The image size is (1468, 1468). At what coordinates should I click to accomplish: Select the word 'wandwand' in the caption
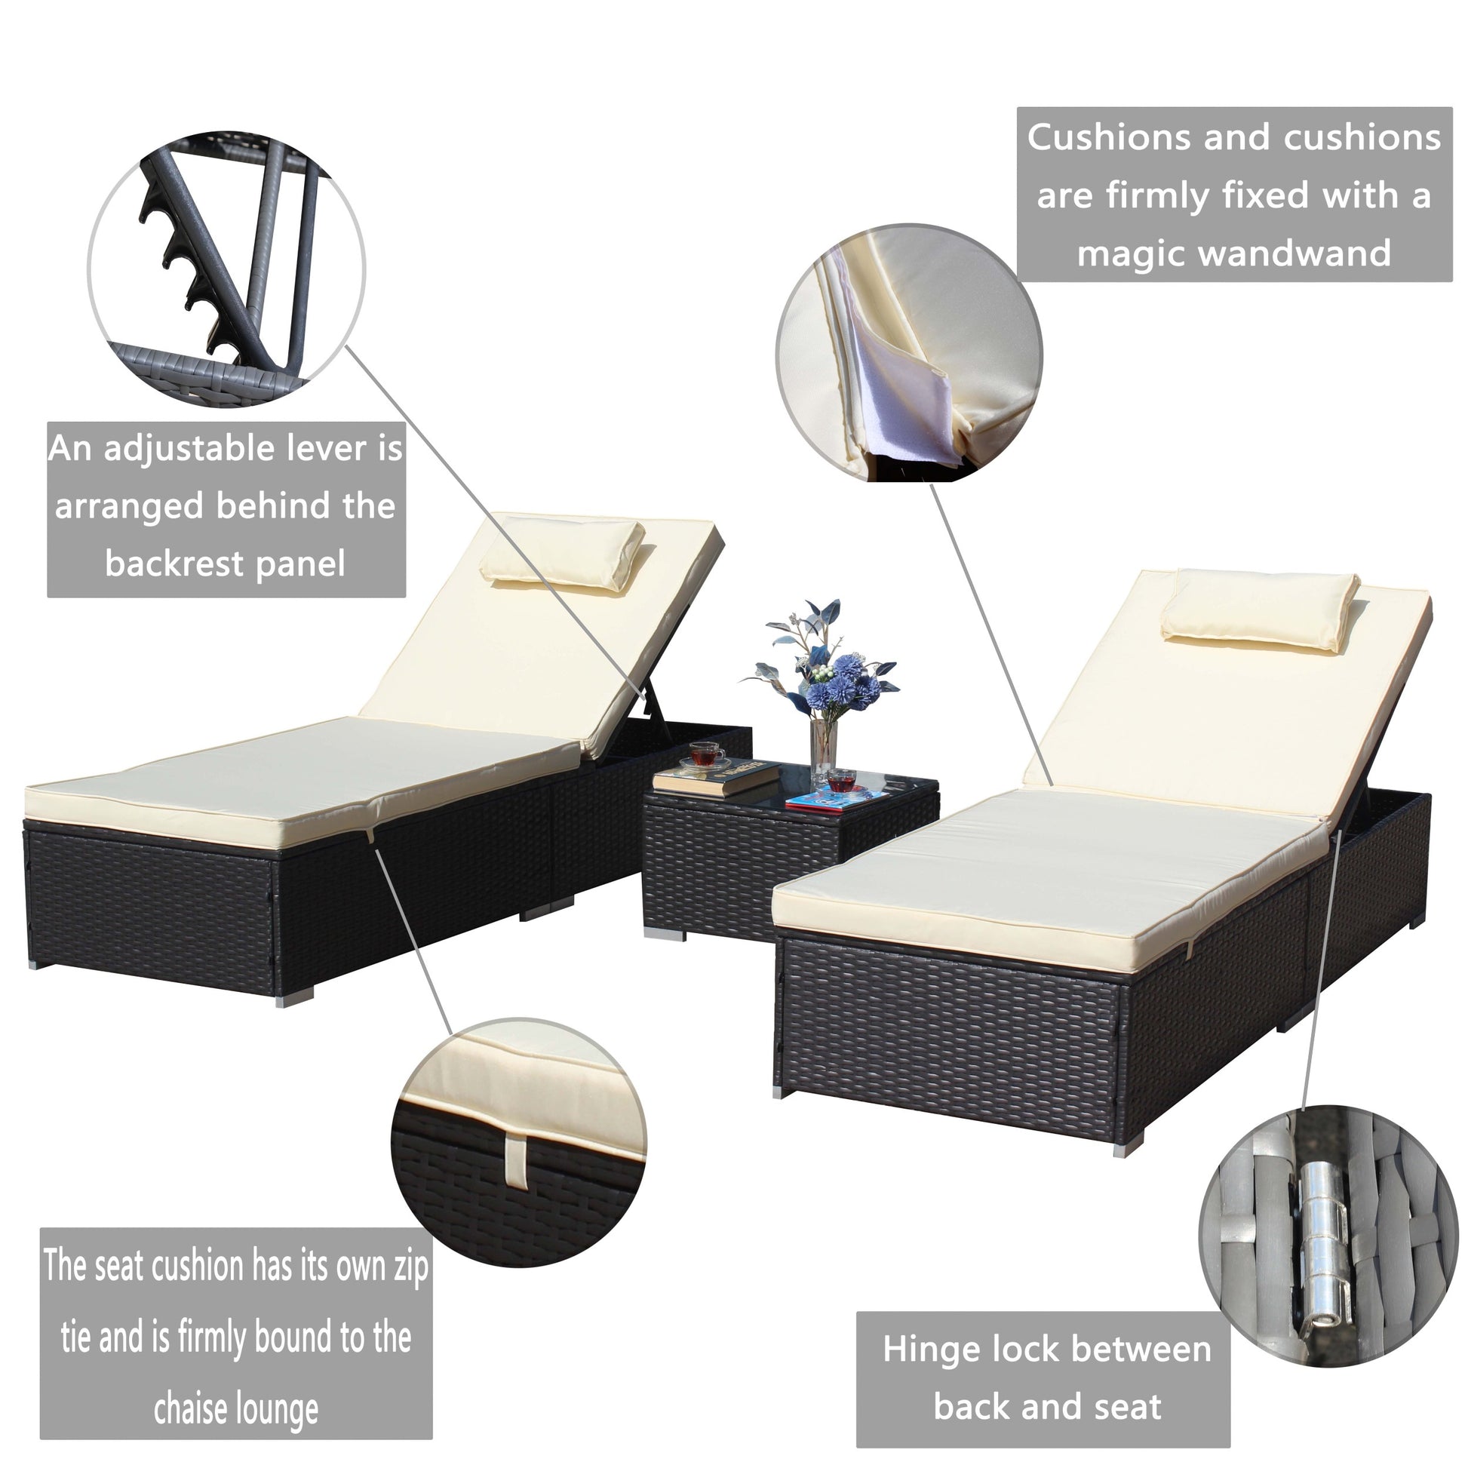tap(1298, 253)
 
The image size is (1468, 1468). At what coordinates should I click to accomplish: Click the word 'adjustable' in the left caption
tap(189, 450)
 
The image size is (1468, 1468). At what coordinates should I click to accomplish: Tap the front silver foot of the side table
tap(665, 932)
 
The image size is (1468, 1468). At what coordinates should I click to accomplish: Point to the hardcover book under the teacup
tap(716, 778)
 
